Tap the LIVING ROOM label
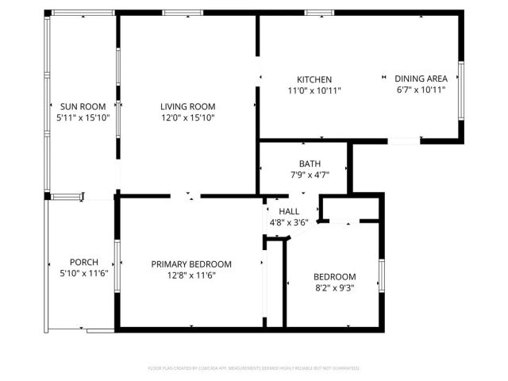[187, 106]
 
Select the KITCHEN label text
[314, 79]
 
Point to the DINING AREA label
[421, 79]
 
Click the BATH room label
[310, 164]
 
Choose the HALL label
[289, 211]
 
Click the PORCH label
[83, 263]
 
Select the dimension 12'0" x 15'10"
[187, 117]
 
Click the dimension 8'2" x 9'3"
[334, 288]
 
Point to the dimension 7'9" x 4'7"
[310, 175]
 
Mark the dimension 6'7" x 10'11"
[421, 90]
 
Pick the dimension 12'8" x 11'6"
[191, 275]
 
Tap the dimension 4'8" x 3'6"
[289, 222]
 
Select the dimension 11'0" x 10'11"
[314, 90]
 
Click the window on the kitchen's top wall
[318, 12]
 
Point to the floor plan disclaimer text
[254, 368]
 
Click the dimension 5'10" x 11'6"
[83, 274]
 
